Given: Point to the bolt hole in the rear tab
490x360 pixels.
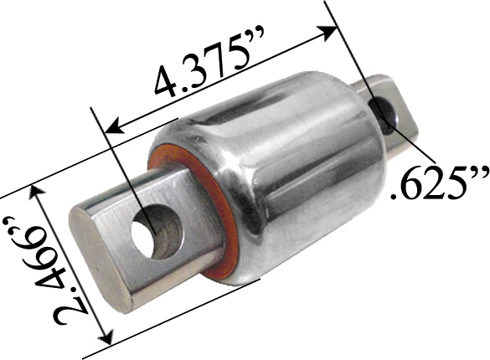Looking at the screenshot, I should click(386, 110).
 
